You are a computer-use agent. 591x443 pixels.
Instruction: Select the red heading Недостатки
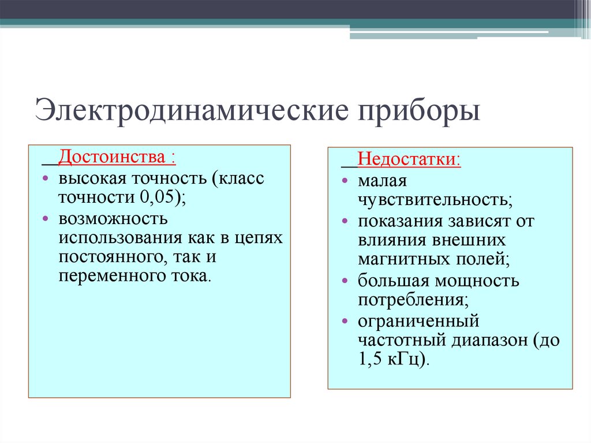[408, 159]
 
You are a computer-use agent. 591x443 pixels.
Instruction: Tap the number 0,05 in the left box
[159, 197]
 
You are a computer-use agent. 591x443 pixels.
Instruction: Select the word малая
[382, 181]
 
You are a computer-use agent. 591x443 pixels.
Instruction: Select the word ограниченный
[418, 321]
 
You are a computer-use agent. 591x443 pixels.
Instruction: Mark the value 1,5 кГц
[392, 359]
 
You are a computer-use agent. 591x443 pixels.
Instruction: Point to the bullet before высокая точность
[45, 178]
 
